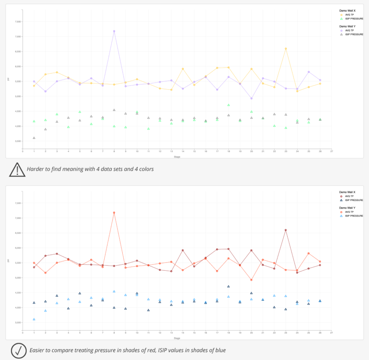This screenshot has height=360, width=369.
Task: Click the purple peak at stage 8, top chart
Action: point(114,31)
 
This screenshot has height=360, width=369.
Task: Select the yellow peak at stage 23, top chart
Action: point(286,49)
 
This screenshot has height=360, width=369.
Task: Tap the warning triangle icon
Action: point(17,169)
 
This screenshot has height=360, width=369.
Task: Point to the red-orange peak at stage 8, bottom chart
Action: point(114,213)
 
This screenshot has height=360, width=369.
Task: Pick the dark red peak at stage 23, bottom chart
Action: point(286,230)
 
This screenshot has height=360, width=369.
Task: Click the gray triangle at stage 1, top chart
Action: point(34,138)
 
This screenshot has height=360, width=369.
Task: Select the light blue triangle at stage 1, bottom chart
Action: point(34,319)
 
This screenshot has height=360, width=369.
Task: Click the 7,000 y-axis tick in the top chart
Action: point(18,37)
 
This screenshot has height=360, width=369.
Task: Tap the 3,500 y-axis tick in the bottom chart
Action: point(18,323)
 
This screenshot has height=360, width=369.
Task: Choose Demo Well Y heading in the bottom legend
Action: point(347,208)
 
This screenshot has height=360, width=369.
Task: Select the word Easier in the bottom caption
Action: point(38,350)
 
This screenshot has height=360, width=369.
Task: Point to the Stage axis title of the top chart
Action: point(177,156)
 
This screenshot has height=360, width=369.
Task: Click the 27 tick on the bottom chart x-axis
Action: point(331,333)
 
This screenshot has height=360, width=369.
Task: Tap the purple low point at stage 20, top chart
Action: point(252,99)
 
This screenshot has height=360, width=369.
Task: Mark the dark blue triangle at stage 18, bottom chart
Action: point(229,287)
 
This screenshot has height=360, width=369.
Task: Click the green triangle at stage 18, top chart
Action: point(229,105)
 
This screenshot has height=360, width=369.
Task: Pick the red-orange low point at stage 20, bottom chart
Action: point(252,280)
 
